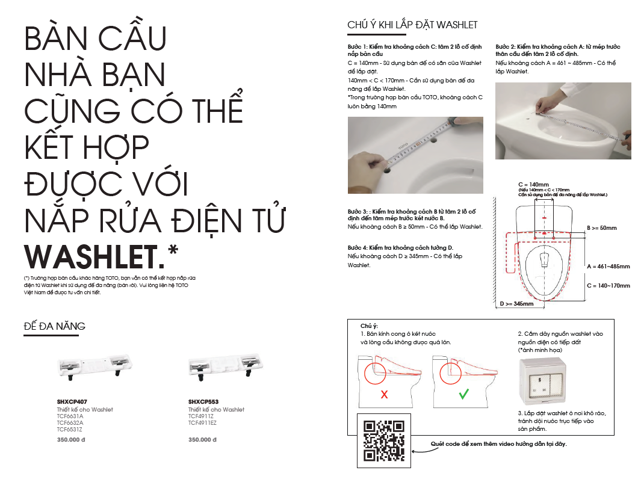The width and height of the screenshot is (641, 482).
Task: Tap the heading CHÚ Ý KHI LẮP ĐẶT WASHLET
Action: click(x=412, y=25)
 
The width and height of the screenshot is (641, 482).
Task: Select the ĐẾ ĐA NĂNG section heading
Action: click(x=54, y=326)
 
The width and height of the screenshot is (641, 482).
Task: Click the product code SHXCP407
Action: click(x=72, y=401)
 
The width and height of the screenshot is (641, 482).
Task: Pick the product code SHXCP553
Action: click(x=203, y=401)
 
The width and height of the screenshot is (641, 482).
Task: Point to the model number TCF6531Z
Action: click(x=70, y=429)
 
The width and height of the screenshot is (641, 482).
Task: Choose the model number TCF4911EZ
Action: click(x=202, y=422)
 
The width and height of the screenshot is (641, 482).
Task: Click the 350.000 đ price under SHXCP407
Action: click(x=70, y=440)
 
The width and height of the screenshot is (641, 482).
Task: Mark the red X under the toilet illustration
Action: click(x=383, y=395)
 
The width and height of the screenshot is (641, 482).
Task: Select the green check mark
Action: click(x=463, y=395)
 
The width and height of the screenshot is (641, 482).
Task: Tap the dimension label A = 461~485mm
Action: click(x=608, y=266)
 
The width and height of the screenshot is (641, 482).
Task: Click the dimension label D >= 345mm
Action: click(x=516, y=304)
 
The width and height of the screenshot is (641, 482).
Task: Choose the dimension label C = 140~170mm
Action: click(x=608, y=286)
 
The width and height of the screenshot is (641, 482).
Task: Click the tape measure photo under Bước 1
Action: click(x=415, y=155)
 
